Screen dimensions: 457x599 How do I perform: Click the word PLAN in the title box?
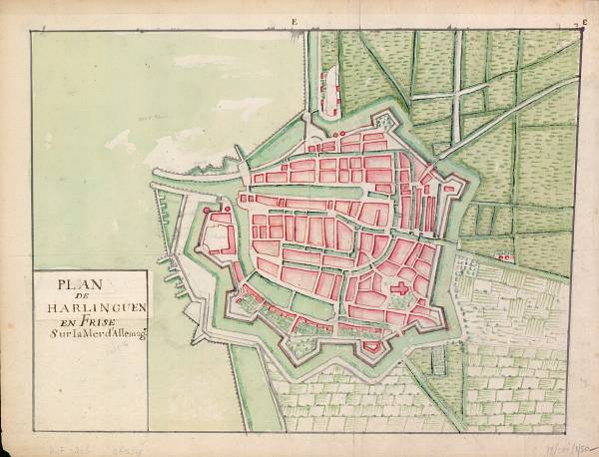pos(78,283)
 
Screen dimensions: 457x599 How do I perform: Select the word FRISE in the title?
pos(97,324)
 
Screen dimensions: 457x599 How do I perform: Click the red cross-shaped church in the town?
pos(401,290)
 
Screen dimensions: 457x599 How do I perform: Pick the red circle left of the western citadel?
pos(206,211)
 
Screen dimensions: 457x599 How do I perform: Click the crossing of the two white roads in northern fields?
pos(455,96)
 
